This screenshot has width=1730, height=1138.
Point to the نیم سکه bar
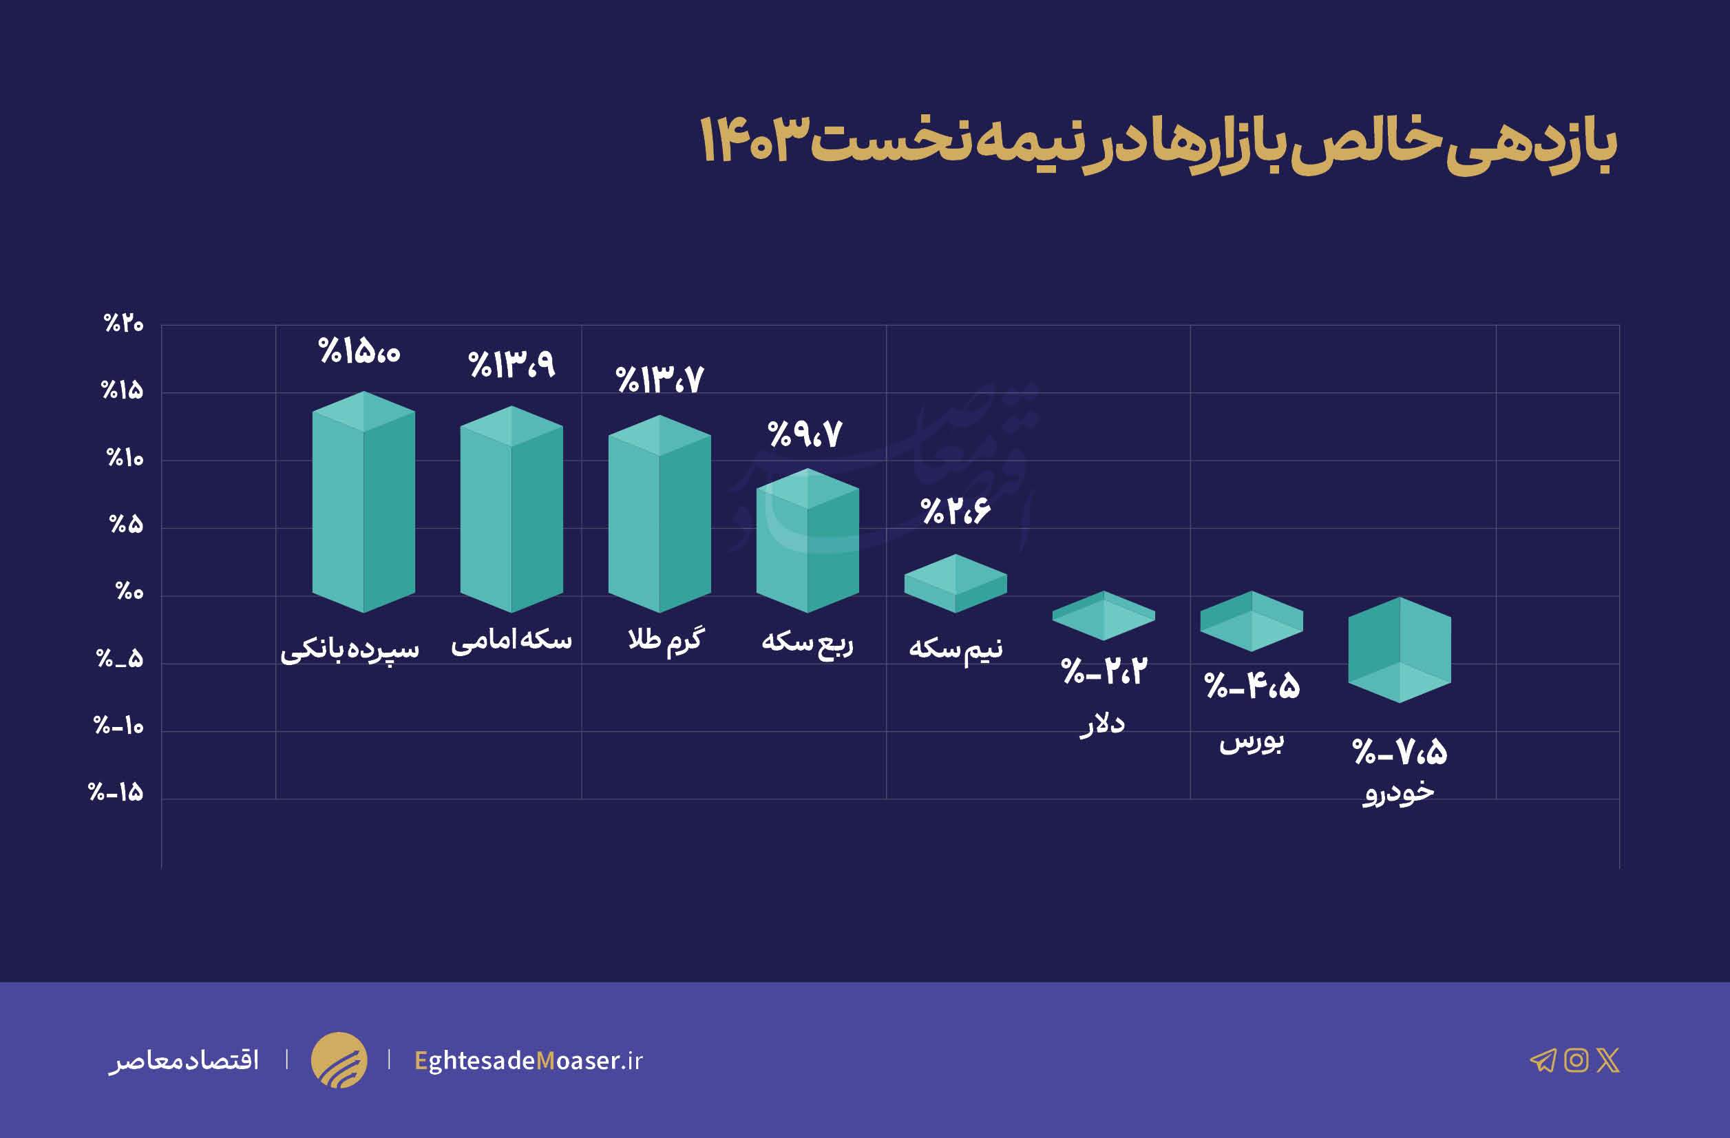coord(955,584)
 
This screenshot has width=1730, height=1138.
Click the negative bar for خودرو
coord(1400,650)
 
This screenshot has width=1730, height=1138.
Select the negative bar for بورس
coord(1251,620)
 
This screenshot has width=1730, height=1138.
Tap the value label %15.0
coord(360,352)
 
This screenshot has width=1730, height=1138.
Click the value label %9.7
coord(805,434)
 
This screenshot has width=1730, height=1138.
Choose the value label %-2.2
coord(1104,671)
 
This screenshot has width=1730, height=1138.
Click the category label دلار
coord(1102,724)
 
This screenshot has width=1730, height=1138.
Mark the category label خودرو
coord(1397,792)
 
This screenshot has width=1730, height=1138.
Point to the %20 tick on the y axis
coord(124,324)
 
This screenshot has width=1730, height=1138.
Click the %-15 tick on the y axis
coord(116,792)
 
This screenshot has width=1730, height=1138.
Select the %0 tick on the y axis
coord(129,591)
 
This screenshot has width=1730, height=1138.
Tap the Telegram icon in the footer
coord(1543,1061)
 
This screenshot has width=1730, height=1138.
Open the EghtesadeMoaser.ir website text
coord(529,1061)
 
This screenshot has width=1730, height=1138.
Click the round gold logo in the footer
coord(339,1060)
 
